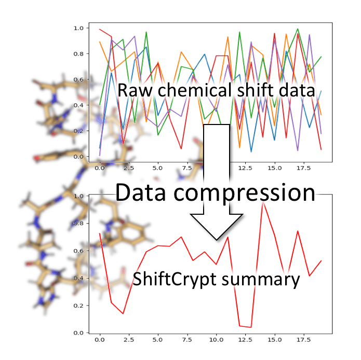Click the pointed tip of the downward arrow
point(217,240)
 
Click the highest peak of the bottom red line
point(263,203)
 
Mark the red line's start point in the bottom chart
point(100,233)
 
